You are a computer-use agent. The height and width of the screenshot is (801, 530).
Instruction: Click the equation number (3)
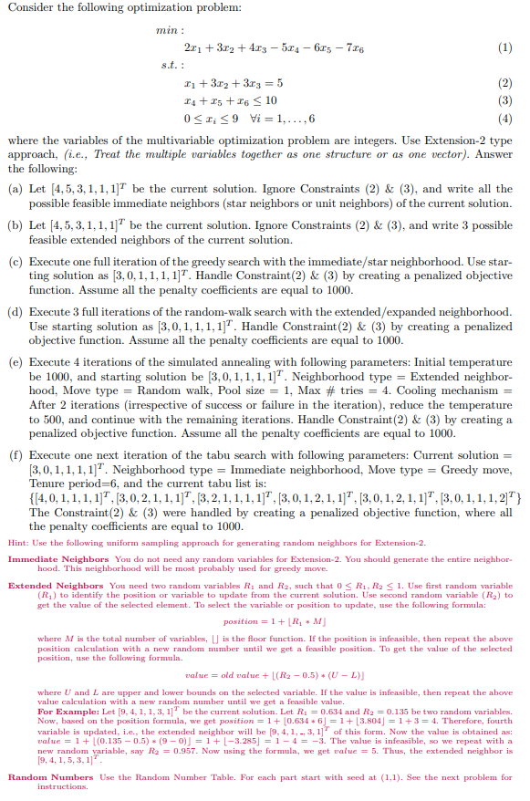pos(506,100)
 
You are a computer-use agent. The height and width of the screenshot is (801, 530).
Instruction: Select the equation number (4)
pos(506,119)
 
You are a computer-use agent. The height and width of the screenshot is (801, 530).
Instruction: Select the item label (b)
pos(16,224)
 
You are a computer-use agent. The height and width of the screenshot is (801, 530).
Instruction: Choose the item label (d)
pos(16,312)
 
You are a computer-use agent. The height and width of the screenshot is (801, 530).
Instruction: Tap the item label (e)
pos(16,363)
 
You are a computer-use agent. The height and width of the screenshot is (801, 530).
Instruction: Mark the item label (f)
pos(16,453)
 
